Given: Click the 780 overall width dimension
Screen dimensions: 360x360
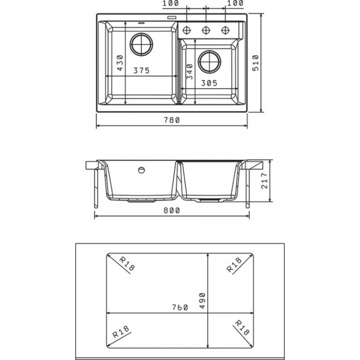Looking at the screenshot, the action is tap(172, 120).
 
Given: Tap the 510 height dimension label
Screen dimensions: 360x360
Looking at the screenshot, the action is tap(256, 63).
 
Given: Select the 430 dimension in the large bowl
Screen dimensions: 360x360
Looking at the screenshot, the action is tap(120, 63).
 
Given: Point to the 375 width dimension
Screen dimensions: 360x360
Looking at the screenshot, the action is tap(141, 71).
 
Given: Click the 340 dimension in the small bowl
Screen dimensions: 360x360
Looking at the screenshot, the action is tap(190, 72).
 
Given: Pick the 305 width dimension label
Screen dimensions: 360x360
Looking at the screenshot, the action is tap(209, 83).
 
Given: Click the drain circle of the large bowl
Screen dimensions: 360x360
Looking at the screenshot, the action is tap(141, 44).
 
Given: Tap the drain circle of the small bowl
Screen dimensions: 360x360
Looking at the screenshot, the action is tap(210, 62).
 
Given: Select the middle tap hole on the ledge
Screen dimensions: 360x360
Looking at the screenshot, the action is tap(206, 30).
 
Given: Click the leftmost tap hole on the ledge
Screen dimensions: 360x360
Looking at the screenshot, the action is tap(186, 30).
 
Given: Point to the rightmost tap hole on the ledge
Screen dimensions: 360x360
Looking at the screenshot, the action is tap(225, 30).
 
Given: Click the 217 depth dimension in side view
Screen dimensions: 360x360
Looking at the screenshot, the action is tap(265, 181).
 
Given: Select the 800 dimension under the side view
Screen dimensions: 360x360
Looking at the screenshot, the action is tap(172, 211).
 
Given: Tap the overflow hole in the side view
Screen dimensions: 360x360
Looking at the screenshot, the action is tap(141, 170).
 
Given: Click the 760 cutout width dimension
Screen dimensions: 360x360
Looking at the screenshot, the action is tap(180, 307).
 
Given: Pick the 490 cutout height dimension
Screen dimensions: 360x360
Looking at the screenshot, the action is tap(202, 301).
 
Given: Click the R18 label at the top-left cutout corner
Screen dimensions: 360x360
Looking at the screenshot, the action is tap(127, 264).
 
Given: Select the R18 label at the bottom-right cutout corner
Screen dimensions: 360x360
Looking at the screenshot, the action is tap(242, 328).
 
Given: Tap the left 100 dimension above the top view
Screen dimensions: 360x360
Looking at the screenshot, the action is tap(171, 4).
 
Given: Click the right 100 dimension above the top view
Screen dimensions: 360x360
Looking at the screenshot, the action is tap(235, 3).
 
